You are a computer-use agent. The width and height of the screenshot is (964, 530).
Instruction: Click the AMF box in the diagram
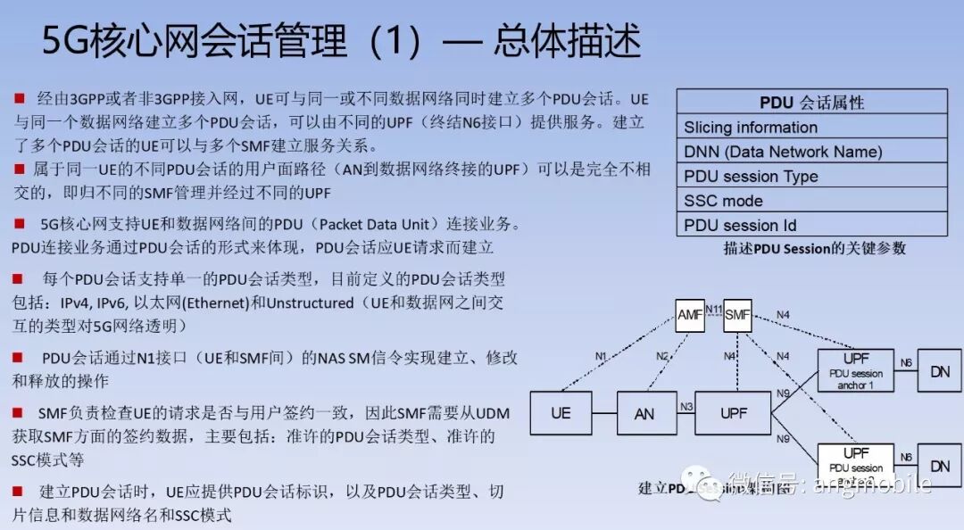pos(690,314)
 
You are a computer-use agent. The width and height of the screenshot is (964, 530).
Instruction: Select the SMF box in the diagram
pos(737,314)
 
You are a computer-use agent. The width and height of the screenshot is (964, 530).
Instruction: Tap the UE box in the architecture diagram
pos(561,413)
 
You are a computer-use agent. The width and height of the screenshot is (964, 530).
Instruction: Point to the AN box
pos(644,413)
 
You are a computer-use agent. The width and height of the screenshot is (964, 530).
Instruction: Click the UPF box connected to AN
pos(732,413)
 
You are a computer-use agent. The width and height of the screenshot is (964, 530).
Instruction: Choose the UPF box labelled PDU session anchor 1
pos(856,370)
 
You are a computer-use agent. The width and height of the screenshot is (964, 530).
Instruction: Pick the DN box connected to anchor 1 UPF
pos(939,370)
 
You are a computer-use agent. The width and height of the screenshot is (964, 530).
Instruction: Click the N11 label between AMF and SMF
pos(713,310)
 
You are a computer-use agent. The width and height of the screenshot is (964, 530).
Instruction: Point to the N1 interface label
pos(602,356)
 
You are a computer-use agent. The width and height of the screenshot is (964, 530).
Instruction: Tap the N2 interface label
pos(661,356)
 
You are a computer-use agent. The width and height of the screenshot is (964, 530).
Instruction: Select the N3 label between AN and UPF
pos(686,407)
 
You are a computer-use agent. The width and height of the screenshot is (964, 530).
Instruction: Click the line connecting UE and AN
pos(604,414)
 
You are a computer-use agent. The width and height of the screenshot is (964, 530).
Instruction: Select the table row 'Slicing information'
pos(811,127)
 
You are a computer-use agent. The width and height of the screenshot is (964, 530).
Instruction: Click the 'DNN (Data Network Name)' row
pos(811,152)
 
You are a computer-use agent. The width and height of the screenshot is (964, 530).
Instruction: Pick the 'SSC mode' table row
pos(811,201)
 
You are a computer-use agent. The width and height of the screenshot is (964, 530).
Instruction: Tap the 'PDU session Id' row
pos(811,225)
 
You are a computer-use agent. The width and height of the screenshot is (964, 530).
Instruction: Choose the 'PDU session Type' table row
pos(811,176)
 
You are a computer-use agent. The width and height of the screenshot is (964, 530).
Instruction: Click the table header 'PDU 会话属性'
pos(811,103)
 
